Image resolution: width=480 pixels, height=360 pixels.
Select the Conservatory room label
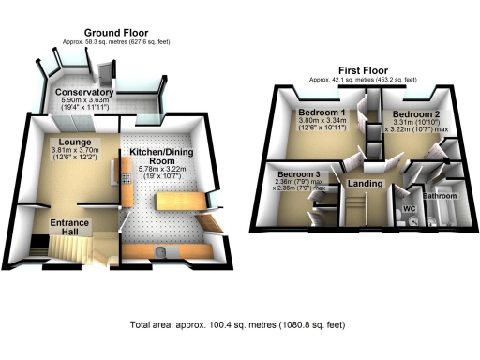(x=84, y=94)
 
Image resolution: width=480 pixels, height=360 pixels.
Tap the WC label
(x=409, y=208)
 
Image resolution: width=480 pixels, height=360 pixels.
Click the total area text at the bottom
(x=241, y=325)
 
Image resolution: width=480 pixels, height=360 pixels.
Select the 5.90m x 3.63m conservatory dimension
(x=84, y=102)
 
